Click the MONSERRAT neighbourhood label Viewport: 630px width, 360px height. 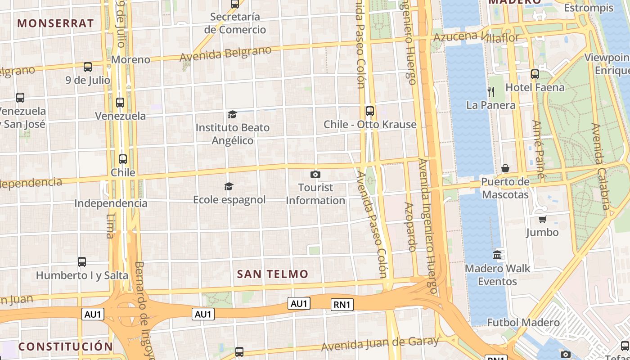click(55, 23)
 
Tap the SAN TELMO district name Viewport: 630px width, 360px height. click(273, 274)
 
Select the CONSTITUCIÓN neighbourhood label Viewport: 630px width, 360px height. click(66, 346)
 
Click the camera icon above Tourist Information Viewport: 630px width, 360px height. click(315, 174)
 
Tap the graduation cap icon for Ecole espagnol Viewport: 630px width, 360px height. click(229, 186)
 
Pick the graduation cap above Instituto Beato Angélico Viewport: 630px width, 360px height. click(232, 114)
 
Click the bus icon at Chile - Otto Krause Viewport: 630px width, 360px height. click(370, 111)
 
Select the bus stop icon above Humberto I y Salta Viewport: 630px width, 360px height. click(82, 261)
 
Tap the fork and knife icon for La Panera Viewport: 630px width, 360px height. click(491, 92)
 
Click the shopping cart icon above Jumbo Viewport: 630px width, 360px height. click(542, 219)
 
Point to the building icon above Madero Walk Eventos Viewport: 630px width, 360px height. click(497, 255)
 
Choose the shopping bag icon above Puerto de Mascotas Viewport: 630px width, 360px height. click(505, 168)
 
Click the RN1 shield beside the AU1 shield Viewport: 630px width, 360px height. click(342, 305)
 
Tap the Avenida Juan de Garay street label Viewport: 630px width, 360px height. click(380, 344)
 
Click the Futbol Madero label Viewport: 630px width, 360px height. click(523, 323)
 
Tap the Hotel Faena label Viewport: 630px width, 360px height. click(535, 87)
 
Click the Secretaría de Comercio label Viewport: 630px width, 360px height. click(235, 23)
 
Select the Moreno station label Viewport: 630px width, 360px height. click(130, 59)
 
